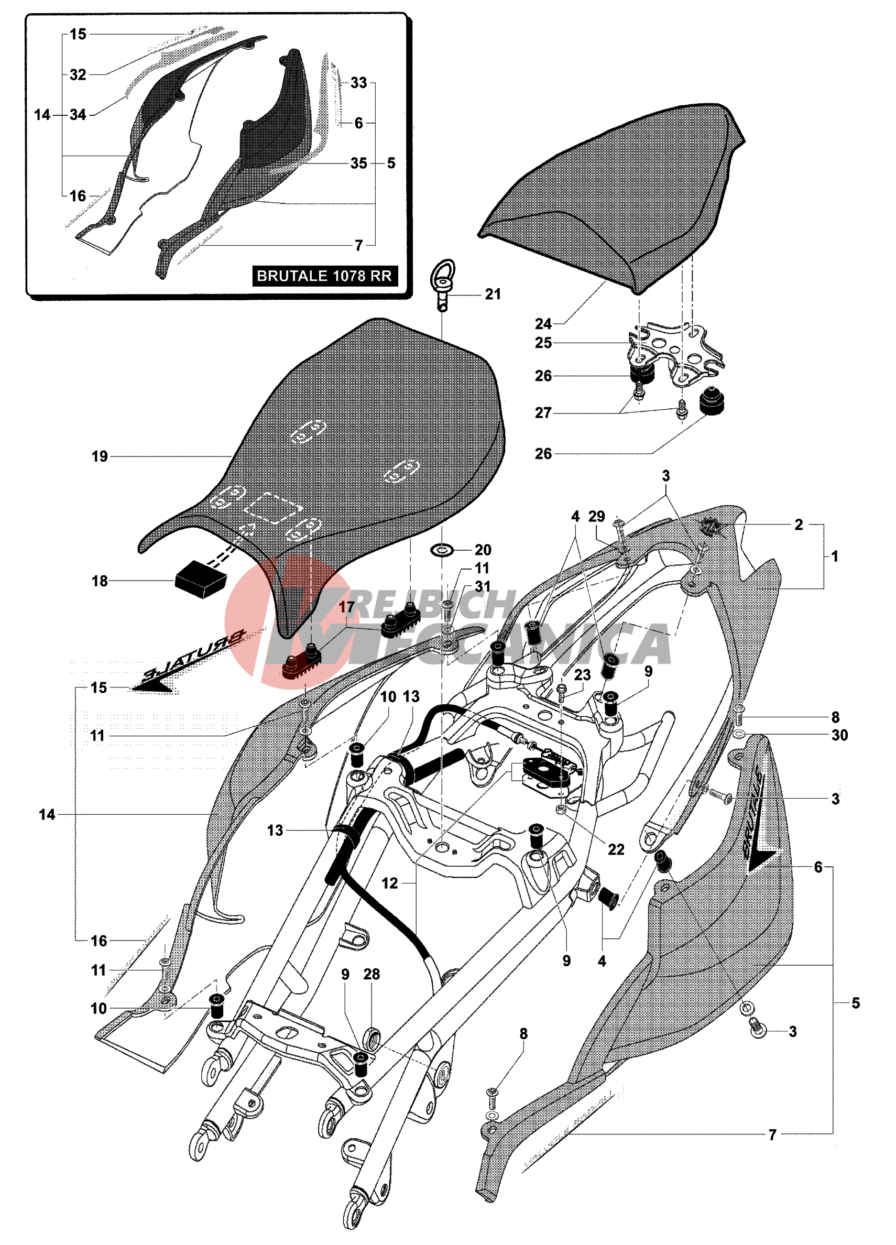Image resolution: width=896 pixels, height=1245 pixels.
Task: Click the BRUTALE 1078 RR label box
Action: [324, 276]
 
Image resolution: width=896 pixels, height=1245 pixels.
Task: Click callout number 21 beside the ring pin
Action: [493, 295]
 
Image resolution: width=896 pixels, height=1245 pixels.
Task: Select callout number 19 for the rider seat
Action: [100, 457]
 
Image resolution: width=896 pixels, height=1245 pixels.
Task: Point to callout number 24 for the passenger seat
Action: [543, 324]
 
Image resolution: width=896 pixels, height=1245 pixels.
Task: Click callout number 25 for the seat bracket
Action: [543, 343]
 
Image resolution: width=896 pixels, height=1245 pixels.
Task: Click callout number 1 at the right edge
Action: [835, 556]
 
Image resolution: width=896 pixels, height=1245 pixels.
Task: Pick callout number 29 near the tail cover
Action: [596, 517]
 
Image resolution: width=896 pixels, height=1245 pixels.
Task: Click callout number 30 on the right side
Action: [839, 736]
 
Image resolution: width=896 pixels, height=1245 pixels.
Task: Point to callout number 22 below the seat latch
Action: [616, 850]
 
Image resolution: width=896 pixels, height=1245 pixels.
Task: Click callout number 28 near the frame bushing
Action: [371, 975]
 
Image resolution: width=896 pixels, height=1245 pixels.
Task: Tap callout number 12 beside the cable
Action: [389, 883]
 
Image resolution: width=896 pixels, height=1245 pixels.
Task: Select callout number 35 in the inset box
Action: [358, 163]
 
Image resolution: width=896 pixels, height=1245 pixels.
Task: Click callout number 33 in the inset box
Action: [358, 83]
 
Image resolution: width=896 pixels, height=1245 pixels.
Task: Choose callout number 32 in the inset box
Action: [78, 74]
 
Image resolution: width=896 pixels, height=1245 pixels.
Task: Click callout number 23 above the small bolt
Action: [582, 675]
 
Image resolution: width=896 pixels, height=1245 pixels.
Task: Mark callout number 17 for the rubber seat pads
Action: [346, 607]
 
